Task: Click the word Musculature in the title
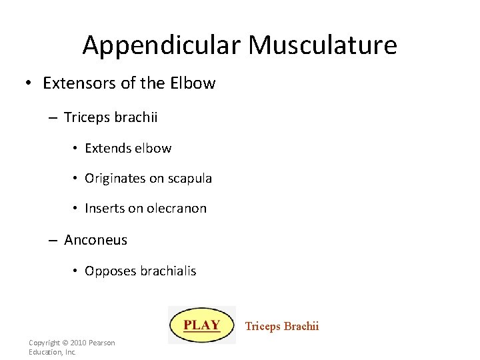323,45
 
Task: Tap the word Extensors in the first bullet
74,83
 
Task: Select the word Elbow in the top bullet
193,83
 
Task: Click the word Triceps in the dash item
87,117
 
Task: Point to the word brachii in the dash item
136,117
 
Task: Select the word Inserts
104,209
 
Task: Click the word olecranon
177,209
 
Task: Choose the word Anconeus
95,240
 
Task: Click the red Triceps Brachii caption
282,326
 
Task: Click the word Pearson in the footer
103,343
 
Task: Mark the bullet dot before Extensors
29,84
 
